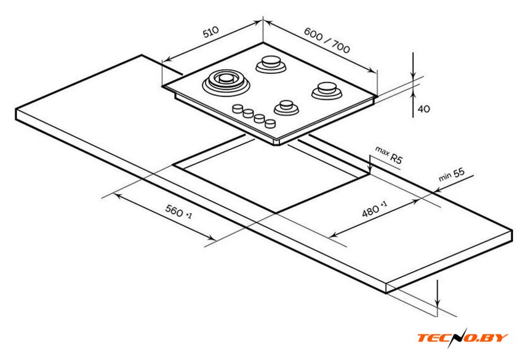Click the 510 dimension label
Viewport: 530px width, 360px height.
(211, 32)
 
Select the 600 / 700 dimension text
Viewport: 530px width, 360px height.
(327, 40)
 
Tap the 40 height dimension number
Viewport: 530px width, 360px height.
(424, 108)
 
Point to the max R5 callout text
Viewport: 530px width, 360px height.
(389, 155)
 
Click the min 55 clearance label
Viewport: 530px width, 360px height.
(452, 175)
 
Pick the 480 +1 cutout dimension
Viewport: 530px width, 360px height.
(375, 209)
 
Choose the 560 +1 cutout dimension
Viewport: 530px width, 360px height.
(179, 211)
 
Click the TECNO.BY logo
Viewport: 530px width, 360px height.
(462, 338)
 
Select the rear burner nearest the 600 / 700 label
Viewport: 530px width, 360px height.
(271, 64)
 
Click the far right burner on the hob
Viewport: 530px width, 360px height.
(327, 91)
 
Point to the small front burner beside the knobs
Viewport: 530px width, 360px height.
(286, 108)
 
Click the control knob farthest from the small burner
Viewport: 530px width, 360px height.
(238, 108)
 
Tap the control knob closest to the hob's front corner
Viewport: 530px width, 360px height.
(270, 124)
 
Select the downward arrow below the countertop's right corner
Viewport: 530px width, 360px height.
(438, 293)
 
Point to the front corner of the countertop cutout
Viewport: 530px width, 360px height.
(276, 213)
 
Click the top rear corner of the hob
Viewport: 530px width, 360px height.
(263, 42)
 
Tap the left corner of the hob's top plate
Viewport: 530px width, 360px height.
(163, 86)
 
